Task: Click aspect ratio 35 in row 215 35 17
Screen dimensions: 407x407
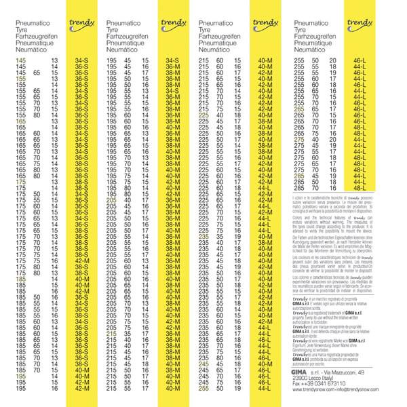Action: point(127,334)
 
